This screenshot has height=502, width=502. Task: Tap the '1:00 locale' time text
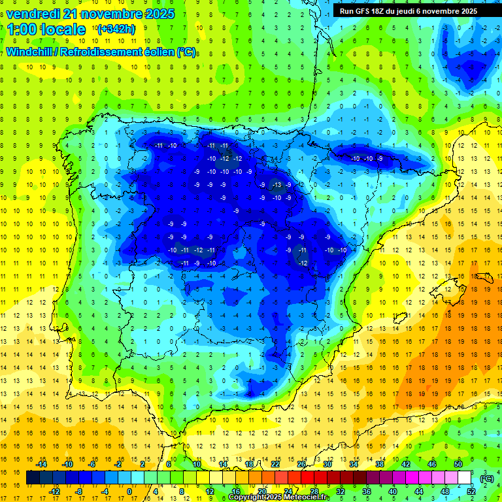point(46,29)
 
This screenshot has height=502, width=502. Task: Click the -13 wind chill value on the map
point(276,185)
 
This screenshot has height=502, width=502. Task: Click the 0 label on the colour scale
point(129,491)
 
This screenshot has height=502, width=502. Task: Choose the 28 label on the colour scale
point(314,491)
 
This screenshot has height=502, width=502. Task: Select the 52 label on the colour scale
point(471,491)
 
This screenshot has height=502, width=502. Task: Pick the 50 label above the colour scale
point(458,464)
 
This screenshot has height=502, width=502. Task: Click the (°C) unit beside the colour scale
point(487,478)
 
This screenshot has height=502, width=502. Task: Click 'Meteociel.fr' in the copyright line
point(307,497)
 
